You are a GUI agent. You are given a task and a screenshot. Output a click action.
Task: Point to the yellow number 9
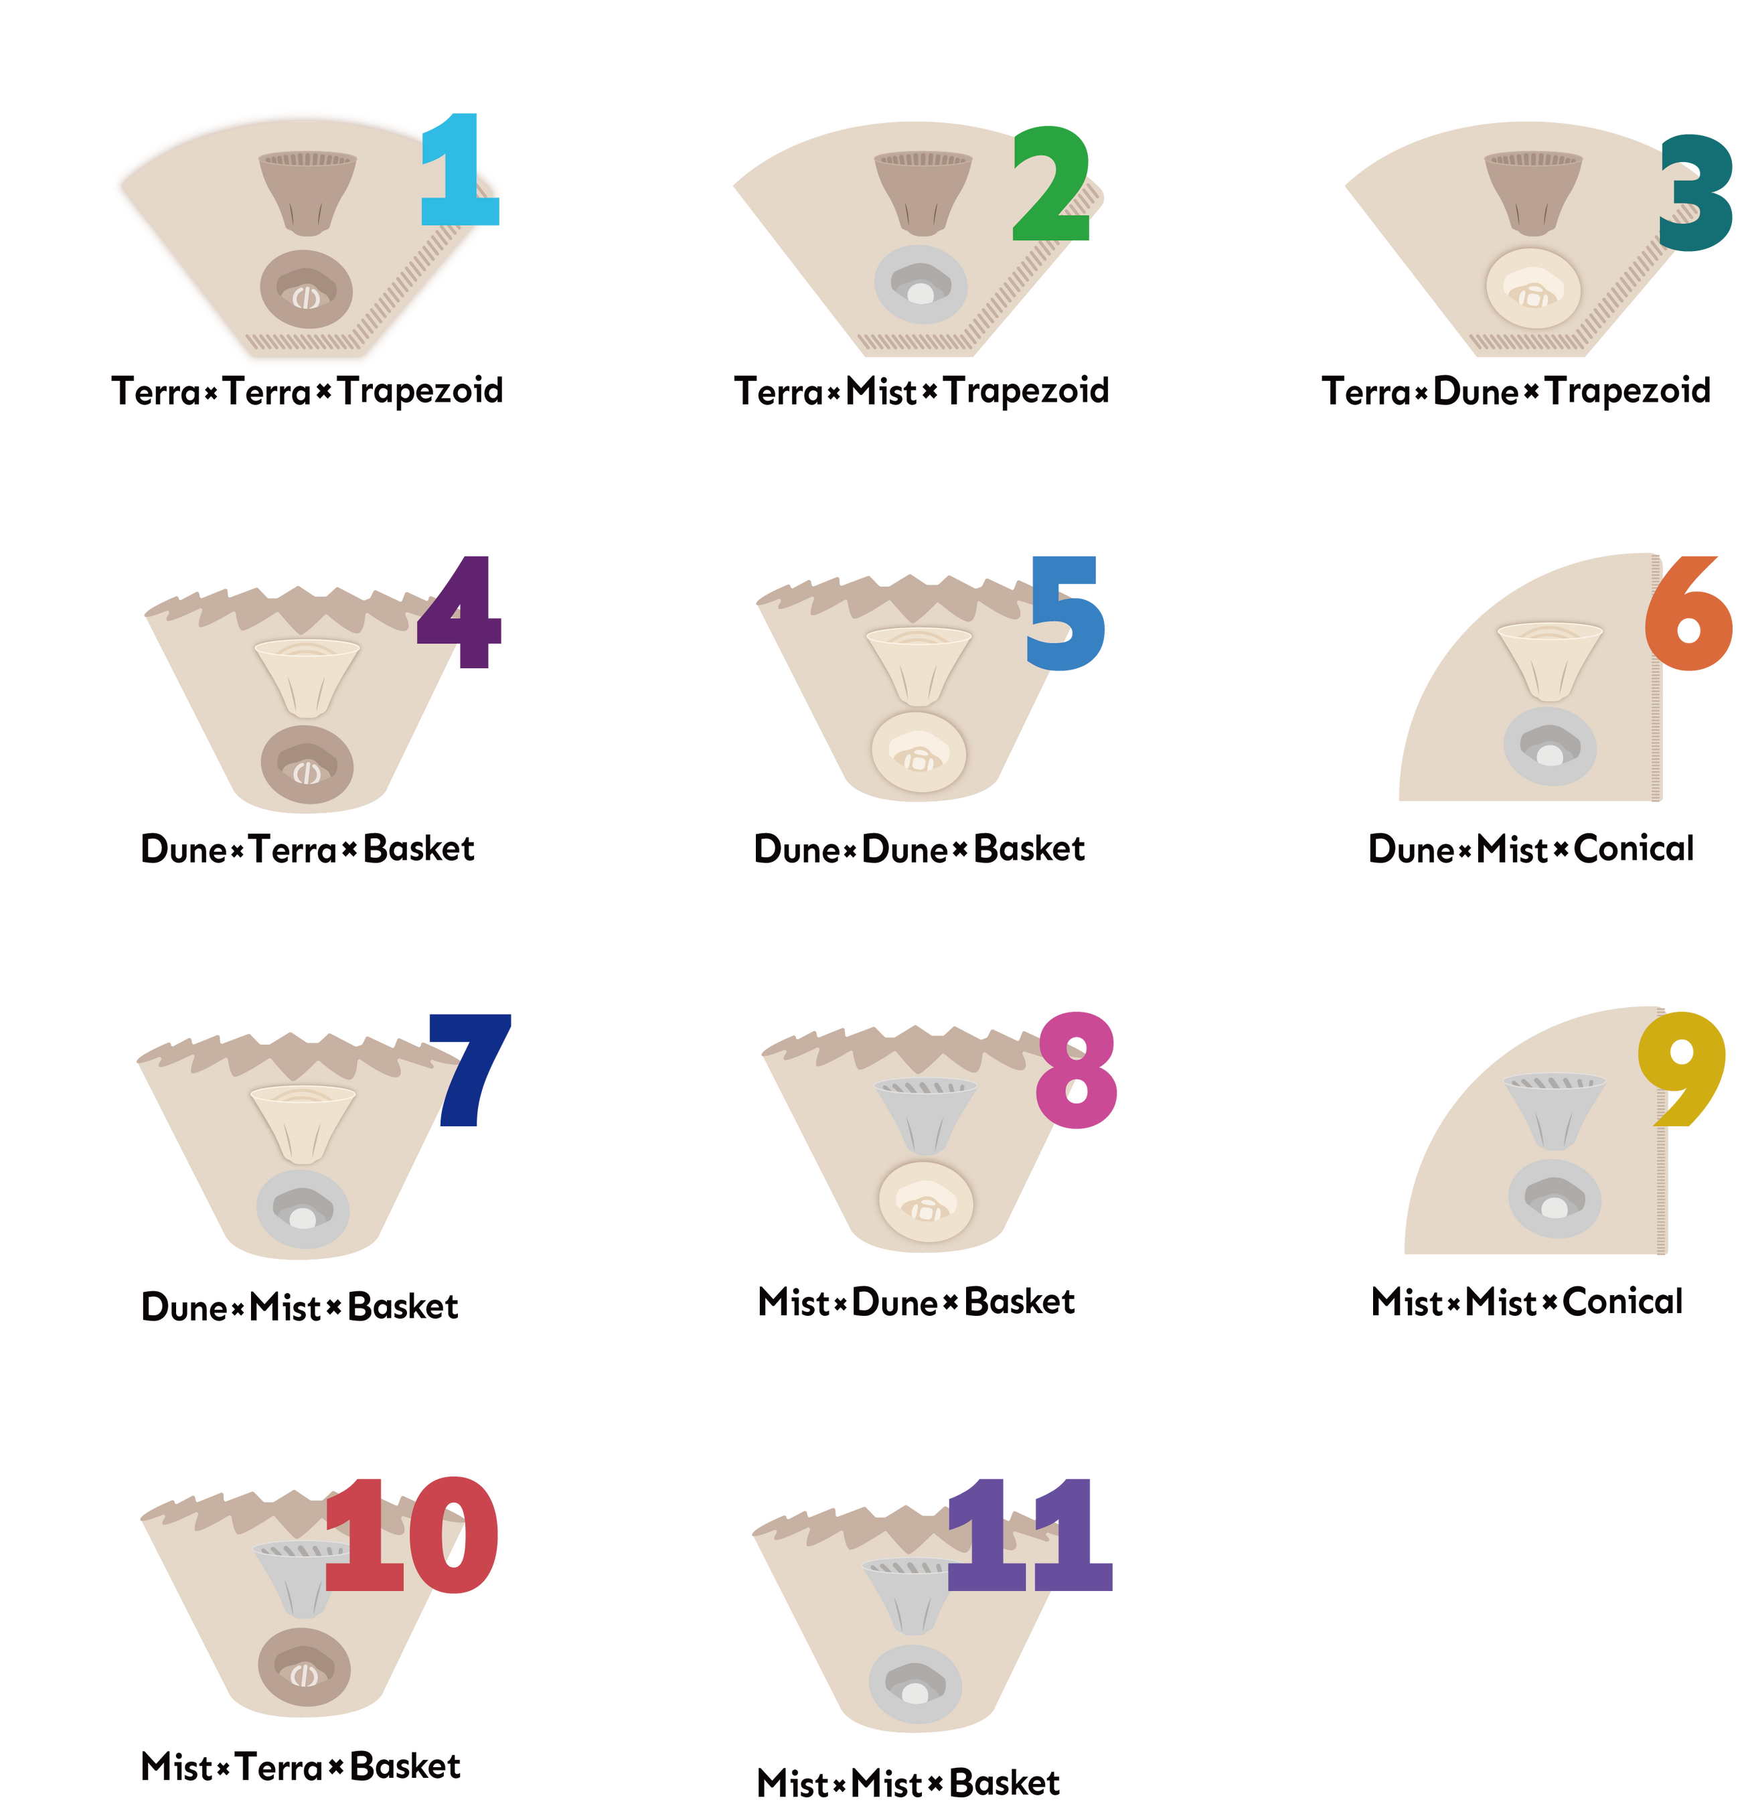[1682, 1067]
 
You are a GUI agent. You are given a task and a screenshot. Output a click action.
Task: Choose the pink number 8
[1077, 1070]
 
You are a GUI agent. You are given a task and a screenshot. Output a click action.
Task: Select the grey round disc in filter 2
[921, 284]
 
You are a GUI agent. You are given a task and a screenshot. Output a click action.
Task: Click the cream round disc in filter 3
[1533, 288]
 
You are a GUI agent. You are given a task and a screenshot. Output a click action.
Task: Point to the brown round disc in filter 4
[307, 764]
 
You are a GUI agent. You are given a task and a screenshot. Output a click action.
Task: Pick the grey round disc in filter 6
[1550, 746]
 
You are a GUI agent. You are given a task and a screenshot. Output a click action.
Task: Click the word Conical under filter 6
[1634, 848]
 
